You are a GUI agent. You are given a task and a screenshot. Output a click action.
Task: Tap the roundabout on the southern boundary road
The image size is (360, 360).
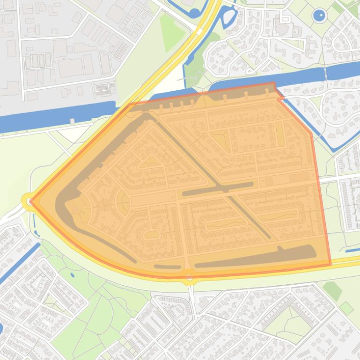(x=189, y=277)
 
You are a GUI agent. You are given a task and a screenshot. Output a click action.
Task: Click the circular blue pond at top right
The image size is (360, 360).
(x=319, y=16)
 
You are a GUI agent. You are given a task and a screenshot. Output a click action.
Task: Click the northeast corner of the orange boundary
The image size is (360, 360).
(x=274, y=84)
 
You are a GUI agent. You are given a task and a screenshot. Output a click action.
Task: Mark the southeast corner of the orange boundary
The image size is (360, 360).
(x=331, y=264)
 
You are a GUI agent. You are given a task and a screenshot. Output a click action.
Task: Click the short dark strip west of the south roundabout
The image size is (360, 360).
(x=167, y=267)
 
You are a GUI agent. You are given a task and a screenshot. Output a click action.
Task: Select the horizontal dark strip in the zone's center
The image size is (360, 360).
(x=218, y=188)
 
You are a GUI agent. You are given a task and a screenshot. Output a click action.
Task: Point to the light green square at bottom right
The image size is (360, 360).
(x=346, y=308)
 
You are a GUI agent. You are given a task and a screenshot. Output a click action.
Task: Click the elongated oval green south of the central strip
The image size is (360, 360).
(x=227, y=224)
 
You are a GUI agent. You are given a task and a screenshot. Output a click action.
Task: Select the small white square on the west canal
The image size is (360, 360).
(x=72, y=121)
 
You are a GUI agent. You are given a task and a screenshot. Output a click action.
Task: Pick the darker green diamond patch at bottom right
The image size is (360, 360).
(x=332, y=290)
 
